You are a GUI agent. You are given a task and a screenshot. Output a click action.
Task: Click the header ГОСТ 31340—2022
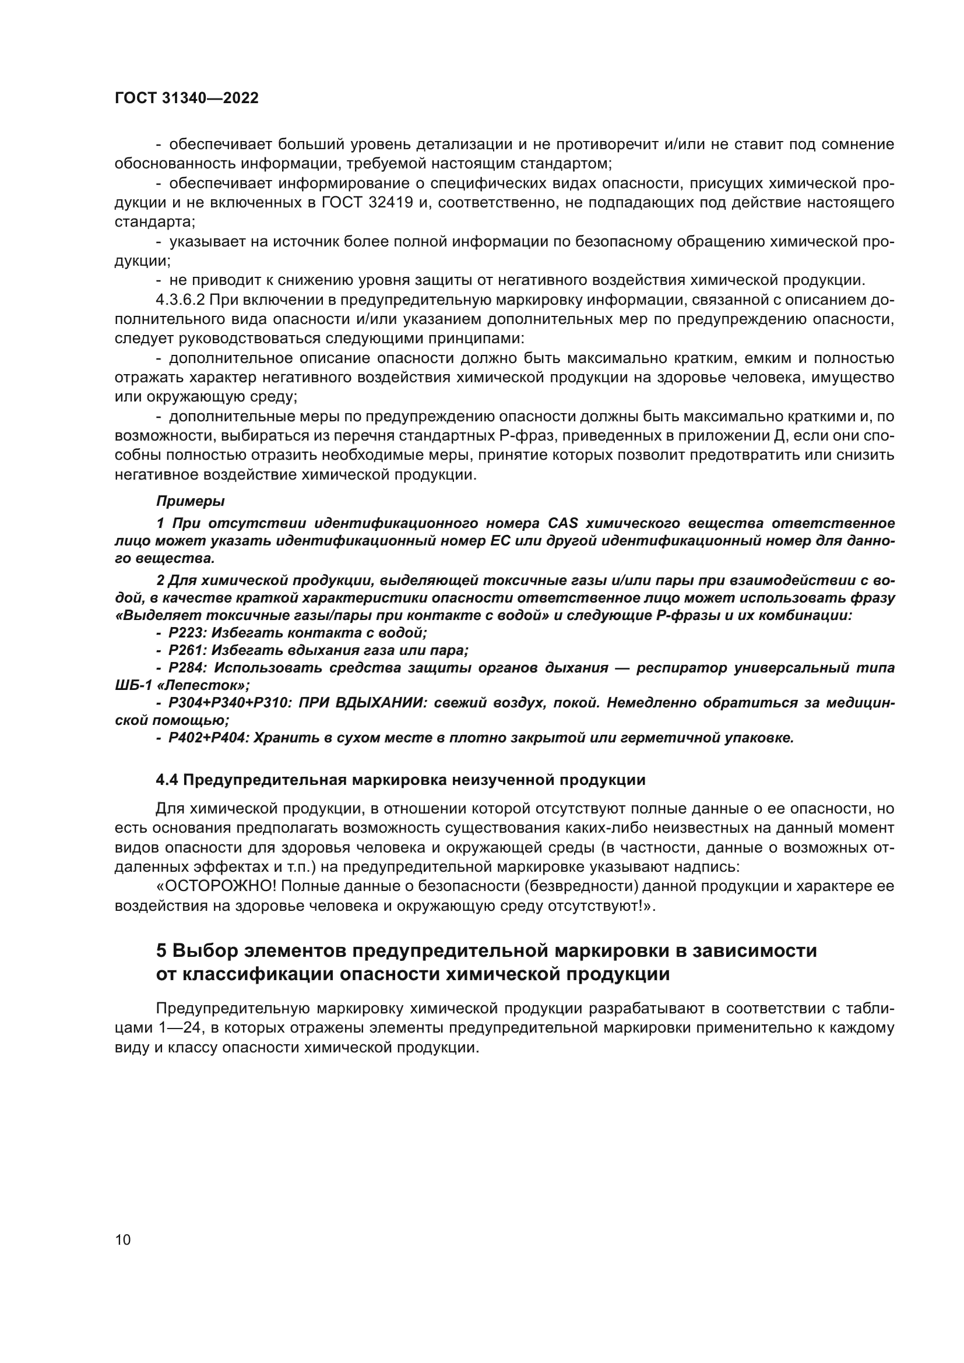(x=187, y=98)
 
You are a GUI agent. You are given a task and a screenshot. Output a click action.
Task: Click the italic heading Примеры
(x=190, y=502)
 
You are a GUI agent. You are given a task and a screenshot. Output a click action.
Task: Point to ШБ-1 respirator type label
(x=133, y=686)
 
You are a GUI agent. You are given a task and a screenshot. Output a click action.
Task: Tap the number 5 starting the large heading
(x=161, y=951)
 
